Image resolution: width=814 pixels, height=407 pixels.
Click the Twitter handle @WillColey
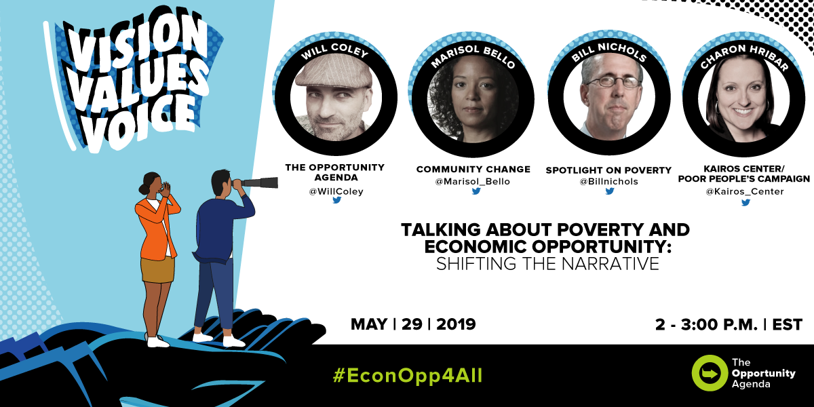pyautogui.click(x=336, y=191)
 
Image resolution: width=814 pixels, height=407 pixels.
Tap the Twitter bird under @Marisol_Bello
pyautogui.click(x=476, y=191)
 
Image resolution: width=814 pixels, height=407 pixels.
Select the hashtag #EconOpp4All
pyautogui.click(x=408, y=376)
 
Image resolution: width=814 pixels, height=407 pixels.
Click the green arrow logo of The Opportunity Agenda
pyautogui.click(x=710, y=373)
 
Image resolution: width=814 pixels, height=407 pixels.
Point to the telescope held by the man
pyautogui.click(x=258, y=182)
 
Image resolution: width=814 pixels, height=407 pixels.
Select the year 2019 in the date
pyautogui.click(x=456, y=324)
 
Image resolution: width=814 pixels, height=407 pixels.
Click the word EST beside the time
pyautogui.click(x=787, y=324)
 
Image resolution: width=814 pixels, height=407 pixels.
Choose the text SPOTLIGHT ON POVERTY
pyautogui.click(x=608, y=170)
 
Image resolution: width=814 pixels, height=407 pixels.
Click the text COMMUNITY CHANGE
pyautogui.click(x=473, y=170)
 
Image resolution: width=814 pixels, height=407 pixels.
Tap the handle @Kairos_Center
pyautogui.click(x=745, y=191)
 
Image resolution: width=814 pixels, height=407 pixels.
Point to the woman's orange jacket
pyautogui.click(x=156, y=229)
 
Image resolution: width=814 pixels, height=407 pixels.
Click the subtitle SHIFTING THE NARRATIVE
pyautogui.click(x=547, y=264)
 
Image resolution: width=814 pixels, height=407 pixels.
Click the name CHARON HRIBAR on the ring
pyautogui.click(x=744, y=56)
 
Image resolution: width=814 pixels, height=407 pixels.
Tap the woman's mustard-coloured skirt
pyautogui.click(x=157, y=270)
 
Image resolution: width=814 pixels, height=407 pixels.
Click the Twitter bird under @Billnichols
pyautogui.click(x=610, y=191)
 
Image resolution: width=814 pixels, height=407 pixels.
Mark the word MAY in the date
pyautogui.click(x=369, y=324)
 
